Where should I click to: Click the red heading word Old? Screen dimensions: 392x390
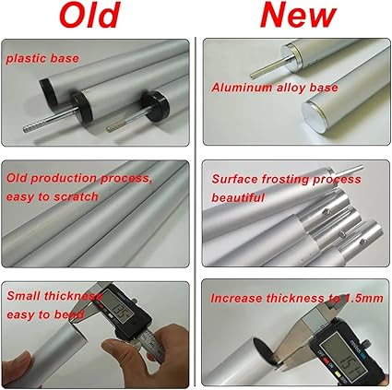89,15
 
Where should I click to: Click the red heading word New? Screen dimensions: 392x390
298,15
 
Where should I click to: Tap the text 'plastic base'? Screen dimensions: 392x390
42,58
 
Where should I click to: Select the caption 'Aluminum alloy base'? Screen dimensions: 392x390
275,88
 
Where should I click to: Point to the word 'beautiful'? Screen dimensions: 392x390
238,197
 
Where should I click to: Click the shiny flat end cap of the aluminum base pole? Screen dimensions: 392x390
313,114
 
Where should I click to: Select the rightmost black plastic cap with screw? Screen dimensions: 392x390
155,106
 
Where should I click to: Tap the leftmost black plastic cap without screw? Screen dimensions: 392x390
49,90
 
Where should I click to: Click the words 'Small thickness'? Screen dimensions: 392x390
54,296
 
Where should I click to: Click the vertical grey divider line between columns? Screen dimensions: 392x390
196,211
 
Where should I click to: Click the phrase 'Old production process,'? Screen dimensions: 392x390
79,178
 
